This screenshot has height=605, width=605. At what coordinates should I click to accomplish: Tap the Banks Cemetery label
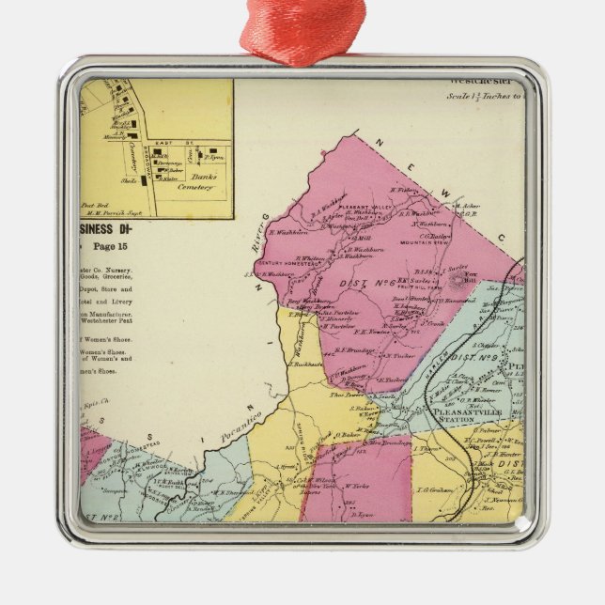pyautogui.click(x=195, y=179)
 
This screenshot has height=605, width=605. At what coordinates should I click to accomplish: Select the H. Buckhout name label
pyautogui.click(x=301, y=363)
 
